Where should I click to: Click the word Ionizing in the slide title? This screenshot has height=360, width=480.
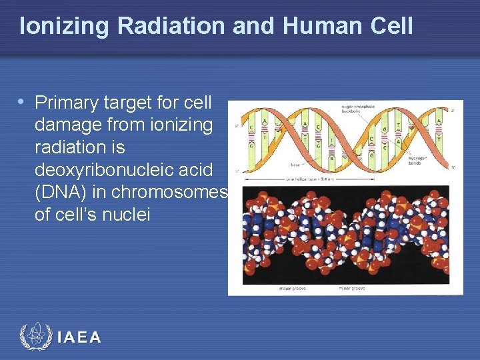tap(65, 26)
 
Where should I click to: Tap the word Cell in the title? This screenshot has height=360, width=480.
tap(391, 26)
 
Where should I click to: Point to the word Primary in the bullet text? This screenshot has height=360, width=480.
tap(64, 103)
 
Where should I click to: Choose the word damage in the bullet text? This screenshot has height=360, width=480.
tap(67, 125)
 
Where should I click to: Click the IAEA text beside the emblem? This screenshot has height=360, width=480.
tap(79, 337)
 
